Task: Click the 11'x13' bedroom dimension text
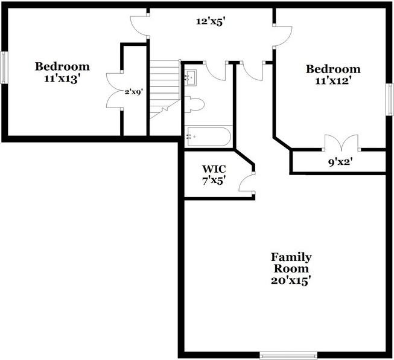pos(62,79)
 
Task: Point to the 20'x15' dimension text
pos(291,280)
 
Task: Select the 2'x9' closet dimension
pos(133,92)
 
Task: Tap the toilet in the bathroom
pos(194,104)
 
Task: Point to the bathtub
pos(208,137)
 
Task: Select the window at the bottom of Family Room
pos(288,355)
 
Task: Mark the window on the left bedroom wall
pos(4,67)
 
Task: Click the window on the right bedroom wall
pos(390,98)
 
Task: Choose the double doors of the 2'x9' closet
pos(115,91)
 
